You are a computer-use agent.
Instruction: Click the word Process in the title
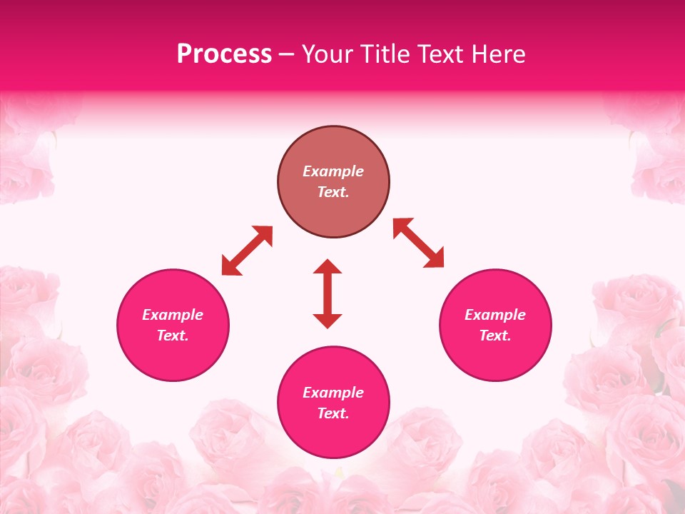click(x=224, y=54)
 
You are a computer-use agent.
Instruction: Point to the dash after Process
click(x=286, y=55)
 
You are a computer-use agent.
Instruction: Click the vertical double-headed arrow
click(x=328, y=293)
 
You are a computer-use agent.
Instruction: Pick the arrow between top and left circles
click(x=247, y=250)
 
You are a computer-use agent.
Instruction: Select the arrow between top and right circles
click(x=418, y=243)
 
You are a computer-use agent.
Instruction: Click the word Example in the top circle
click(x=333, y=171)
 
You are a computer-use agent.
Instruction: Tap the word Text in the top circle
click(x=333, y=192)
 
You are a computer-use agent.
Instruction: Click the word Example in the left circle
click(x=173, y=315)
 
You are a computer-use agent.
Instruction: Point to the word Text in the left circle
click(x=173, y=336)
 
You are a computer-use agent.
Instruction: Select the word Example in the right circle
click(x=495, y=315)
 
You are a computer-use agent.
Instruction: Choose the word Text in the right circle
click(x=494, y=336)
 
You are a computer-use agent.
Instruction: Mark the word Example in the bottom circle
click(x=333, y=393)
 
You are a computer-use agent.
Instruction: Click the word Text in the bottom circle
click(x=333, y=413)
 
